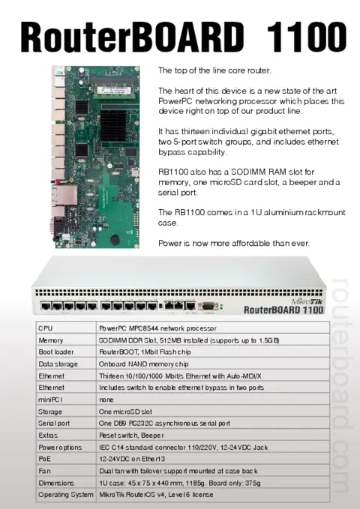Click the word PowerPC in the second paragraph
coord(175,100)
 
